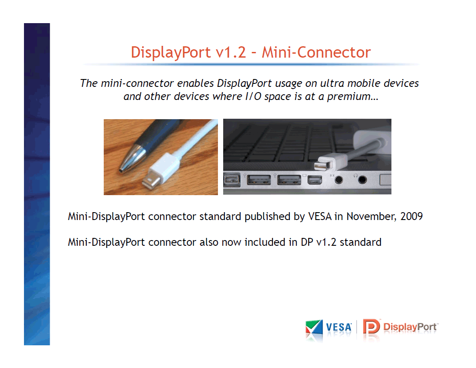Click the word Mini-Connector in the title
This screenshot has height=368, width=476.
(316, 52)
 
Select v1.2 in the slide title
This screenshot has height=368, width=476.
(231, 52)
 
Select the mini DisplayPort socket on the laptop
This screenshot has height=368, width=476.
(315, 180)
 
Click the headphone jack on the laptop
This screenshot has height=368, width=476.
(361, 180)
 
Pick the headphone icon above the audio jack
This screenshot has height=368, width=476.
(356, 175)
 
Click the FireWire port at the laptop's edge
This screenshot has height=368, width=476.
(232, 180)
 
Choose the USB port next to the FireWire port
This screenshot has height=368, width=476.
(258, 180)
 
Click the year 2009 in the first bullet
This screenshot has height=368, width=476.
(411, 216)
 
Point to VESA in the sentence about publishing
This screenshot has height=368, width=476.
(320, 216)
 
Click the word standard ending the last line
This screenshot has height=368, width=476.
(360, 242)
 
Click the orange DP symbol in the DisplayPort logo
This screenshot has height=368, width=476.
(371, 327)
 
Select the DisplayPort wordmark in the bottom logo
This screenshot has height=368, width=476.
(410, 327)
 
